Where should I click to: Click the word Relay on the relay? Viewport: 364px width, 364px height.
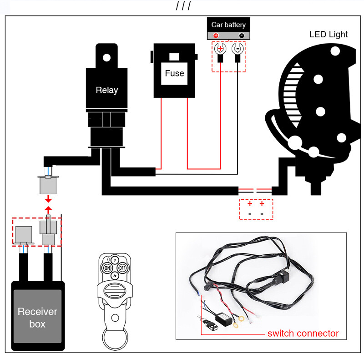point(106,90)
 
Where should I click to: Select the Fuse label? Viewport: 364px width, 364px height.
point(174,73)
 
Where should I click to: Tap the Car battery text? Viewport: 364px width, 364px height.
point(228,25)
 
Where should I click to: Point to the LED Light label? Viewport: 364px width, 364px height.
point(329,34)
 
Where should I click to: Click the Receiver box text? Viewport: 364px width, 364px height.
point(37,318)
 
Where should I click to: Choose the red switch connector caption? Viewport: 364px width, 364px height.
point(303,334)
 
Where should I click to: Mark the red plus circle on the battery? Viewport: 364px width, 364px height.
point(216,35)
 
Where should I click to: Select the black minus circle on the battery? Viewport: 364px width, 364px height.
point(241,35)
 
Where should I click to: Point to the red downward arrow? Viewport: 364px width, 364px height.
point(48,200)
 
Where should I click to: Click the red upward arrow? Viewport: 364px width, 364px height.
point(48,210)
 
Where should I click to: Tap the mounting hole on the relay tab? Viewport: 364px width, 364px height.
point(106,57)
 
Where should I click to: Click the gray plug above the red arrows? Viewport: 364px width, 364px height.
point(47,184)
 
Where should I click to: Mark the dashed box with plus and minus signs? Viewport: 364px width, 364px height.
point(256,209)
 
